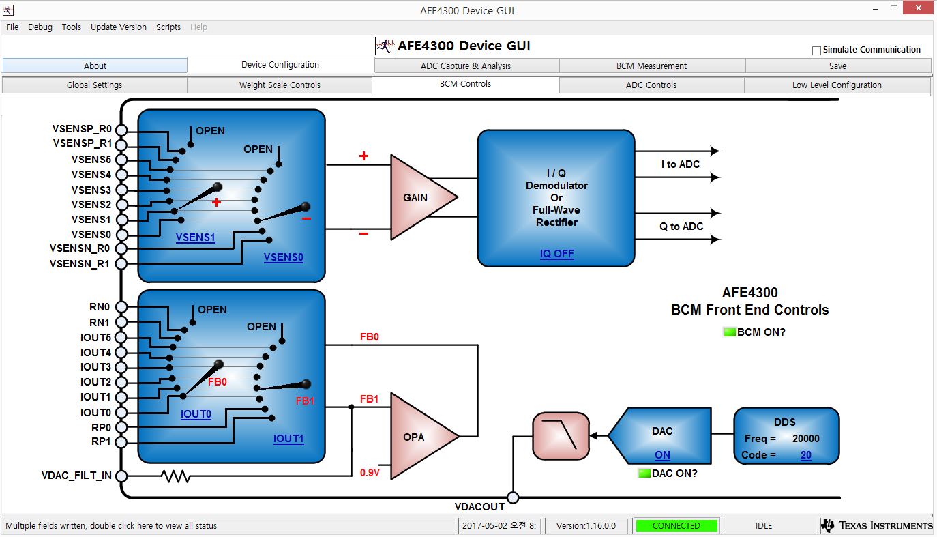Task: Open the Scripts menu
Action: click(168, 27)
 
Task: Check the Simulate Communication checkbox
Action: click(816, 50)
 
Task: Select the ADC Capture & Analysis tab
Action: click(466, 66)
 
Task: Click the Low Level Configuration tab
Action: click(837, 85)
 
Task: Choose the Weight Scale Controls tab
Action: click(280, 85)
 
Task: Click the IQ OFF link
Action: click(556, 254)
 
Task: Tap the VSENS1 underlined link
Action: click(195, 237)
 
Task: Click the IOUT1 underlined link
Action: click(288, 439)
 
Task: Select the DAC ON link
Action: click(662, 455)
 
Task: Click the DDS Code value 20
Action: click(805, 455)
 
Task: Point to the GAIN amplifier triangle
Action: click(423, 197)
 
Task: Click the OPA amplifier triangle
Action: click(424, 436)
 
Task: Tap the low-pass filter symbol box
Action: click(561, 436)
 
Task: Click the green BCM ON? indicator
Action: click(729, 332)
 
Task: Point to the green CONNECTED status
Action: click(676, 525)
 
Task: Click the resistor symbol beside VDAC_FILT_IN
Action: click(176, 476)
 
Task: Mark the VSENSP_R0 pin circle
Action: click(121, 130)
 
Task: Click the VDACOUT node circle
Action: click(513, 497)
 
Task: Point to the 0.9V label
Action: click(370, 473)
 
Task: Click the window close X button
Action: click(918, 8)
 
